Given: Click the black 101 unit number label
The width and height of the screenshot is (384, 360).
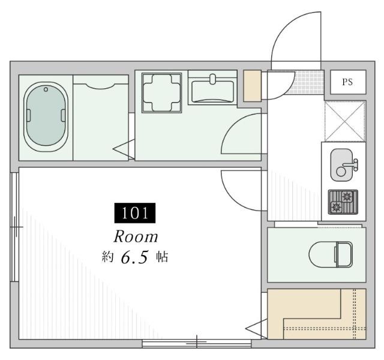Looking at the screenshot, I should [135, 213].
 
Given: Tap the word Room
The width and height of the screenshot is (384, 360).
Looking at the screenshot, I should [136, 236].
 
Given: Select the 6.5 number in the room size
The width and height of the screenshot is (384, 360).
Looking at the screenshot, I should [134, 257].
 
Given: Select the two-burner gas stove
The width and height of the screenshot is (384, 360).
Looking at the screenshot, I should [343, 202].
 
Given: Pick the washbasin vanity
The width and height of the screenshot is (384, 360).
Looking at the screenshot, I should [214, 91].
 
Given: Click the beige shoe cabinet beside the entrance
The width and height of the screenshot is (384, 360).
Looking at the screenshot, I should [252, 85].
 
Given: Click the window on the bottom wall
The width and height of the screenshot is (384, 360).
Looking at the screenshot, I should [196, 344].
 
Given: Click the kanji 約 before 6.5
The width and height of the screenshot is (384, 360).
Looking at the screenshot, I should [108, 257].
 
